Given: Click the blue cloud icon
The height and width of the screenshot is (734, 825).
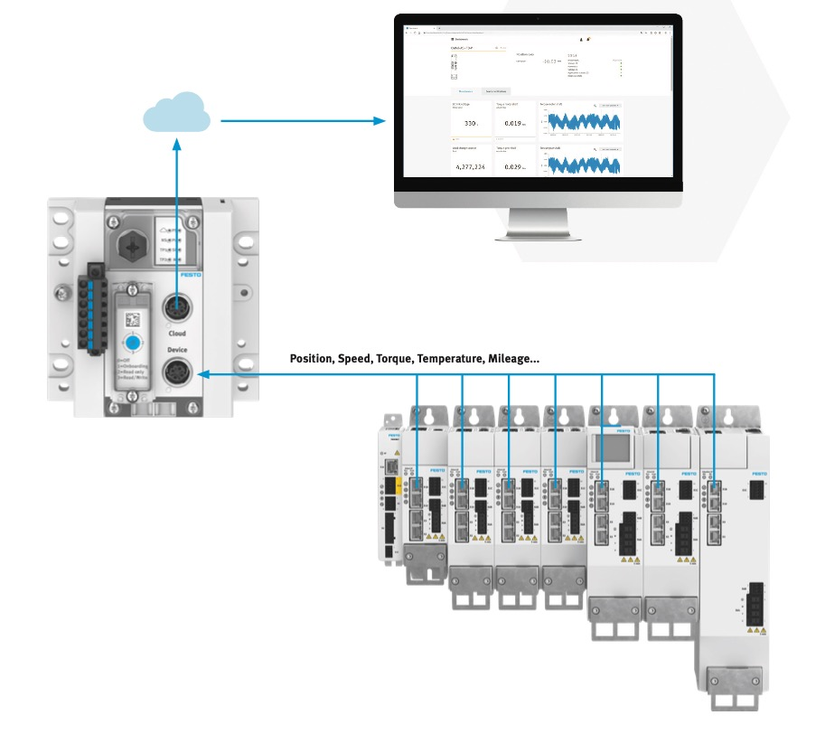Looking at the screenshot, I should (x=176, y=112).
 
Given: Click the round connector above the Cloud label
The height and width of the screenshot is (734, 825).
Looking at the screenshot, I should (x=176, y=309).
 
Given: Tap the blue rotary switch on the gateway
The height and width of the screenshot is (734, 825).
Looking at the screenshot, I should (x=133, y=343).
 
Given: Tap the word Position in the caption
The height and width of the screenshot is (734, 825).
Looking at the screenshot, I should (x=310, y=359).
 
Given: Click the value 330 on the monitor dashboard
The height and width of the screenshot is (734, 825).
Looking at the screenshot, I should (x=470, y=123).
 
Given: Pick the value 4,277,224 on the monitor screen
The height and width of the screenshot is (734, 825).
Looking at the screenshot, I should (x=470, y=167).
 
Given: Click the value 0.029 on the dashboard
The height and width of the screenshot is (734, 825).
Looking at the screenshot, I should (x=512, y=167).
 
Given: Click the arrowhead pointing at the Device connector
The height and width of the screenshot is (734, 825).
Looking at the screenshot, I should (x=203, y=373).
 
